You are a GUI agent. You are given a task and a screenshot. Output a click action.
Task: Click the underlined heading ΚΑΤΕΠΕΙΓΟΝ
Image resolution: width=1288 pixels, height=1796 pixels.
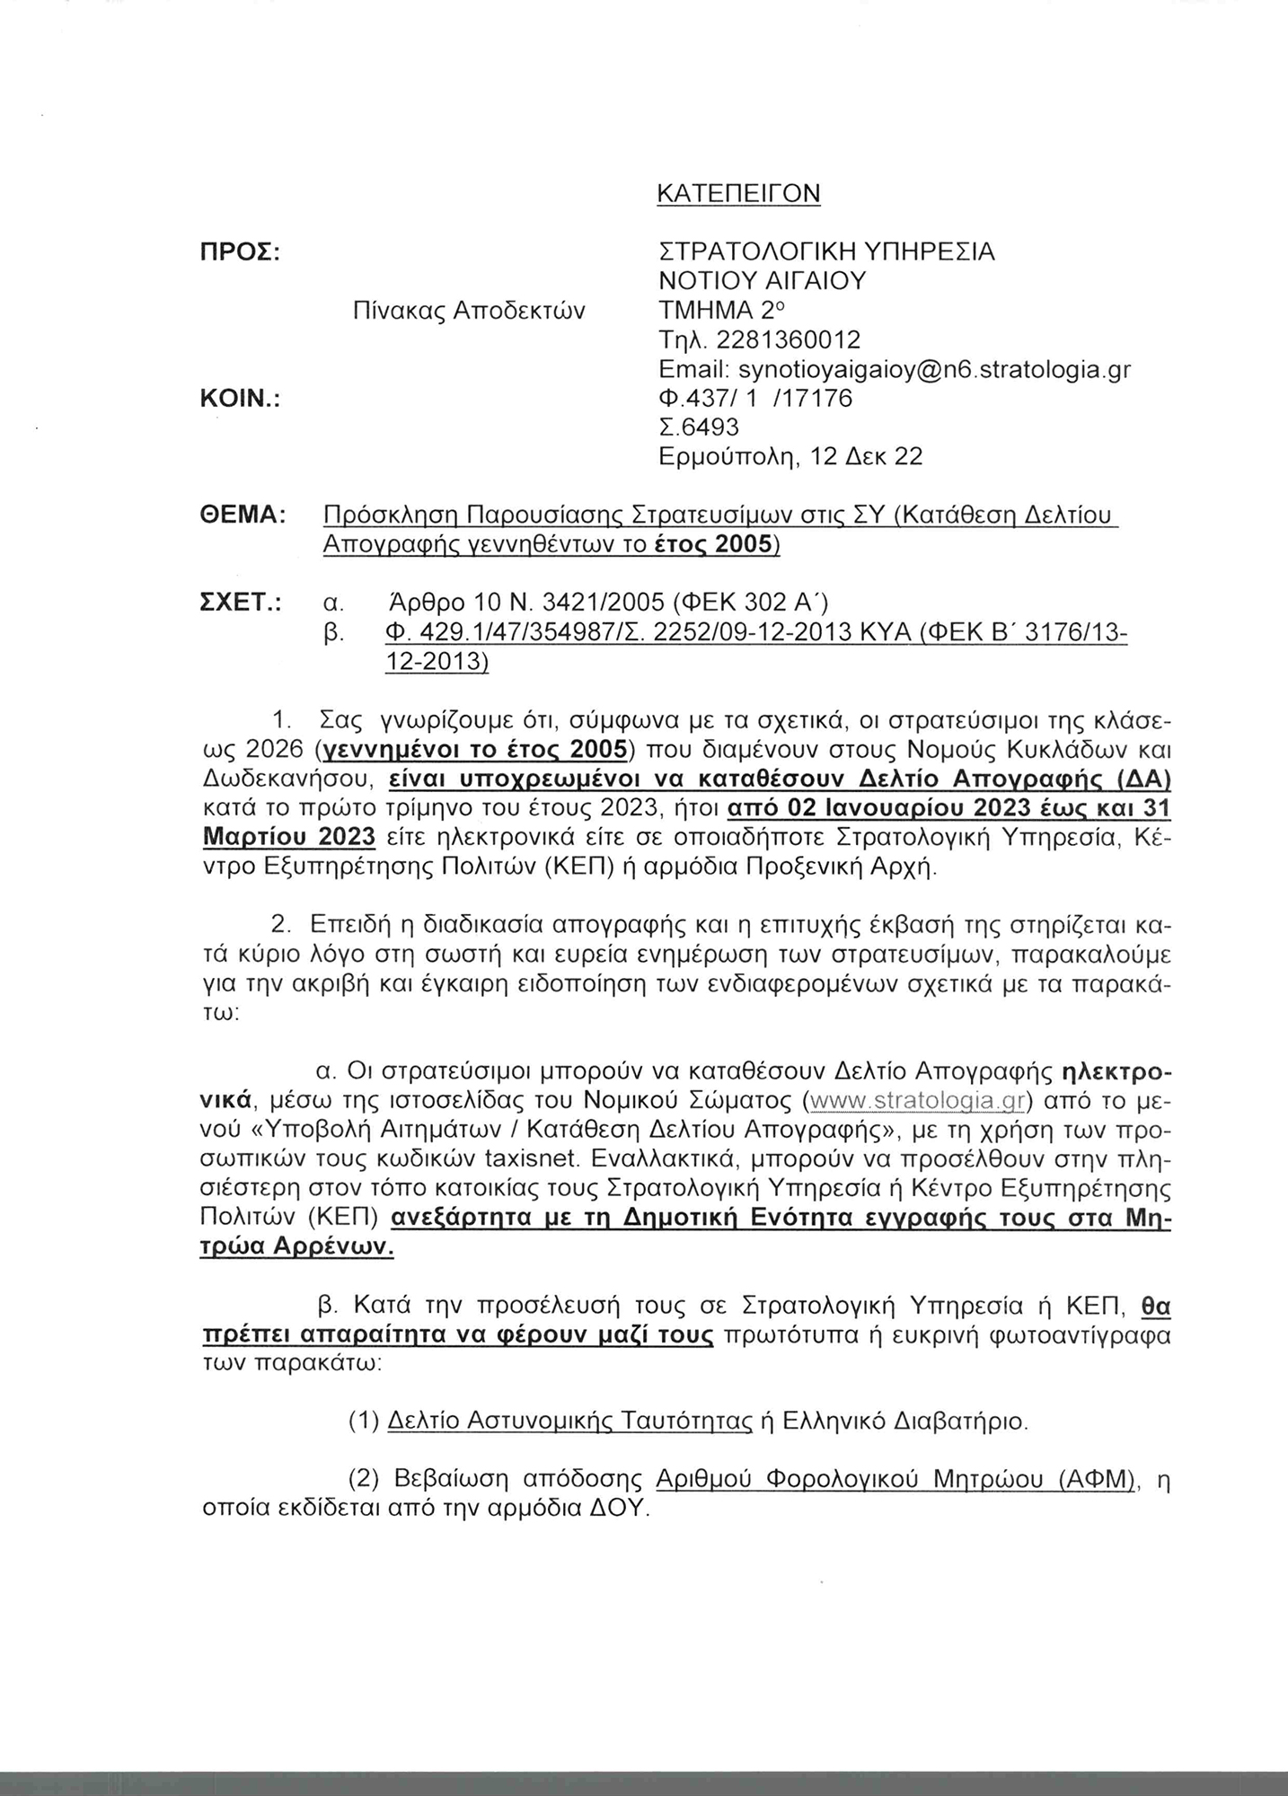click(x=739, y=193)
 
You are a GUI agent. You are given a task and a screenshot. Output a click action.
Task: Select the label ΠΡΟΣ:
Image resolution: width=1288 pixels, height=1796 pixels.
click(x=240, y=252)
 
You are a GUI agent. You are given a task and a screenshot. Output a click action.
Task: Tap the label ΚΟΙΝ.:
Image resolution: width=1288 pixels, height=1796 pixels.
click(x=240, y=399)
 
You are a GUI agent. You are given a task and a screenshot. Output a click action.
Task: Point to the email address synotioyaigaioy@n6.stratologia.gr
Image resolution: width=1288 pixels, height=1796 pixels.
click(x=934, y=369)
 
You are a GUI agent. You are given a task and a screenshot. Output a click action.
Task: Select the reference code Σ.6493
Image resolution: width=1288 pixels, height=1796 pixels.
click(x=700, y=427)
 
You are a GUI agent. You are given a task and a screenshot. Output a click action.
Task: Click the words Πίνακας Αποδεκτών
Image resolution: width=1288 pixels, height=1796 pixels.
click(x=469, y=311)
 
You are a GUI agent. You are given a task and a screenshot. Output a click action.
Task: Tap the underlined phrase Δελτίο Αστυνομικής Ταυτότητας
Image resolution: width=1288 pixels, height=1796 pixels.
click(x=570, y=1421)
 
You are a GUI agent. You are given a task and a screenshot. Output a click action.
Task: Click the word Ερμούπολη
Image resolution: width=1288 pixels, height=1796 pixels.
click(x=729, y=457)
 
